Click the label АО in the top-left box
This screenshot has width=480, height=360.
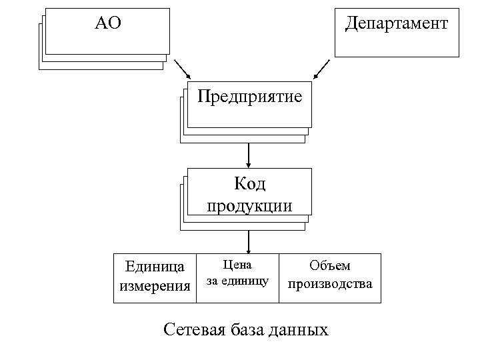(x=107, y=24)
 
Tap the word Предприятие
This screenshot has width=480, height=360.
(x=249, y=97)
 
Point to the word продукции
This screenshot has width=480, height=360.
(x=249, y=204)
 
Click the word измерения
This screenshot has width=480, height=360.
(x=155, y=286)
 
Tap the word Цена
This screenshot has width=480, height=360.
(x=237, y=265)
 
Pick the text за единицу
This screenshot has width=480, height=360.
(x=237, y=281)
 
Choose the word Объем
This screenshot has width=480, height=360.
(x=329, y=265)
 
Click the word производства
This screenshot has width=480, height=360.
(x=329, y=284)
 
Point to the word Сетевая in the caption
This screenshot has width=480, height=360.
(x=197, y=329)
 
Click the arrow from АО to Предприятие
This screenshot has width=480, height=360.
(x=182, y=68)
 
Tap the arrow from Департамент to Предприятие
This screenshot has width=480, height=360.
(x=321, y=68)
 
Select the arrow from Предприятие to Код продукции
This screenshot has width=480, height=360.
(x=248, y=155)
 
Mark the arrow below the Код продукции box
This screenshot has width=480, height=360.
(x=248, y=241)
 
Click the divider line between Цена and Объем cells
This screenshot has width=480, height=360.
(x=279, y=278)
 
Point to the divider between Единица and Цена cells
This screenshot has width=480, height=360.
(x=197, y=278)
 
